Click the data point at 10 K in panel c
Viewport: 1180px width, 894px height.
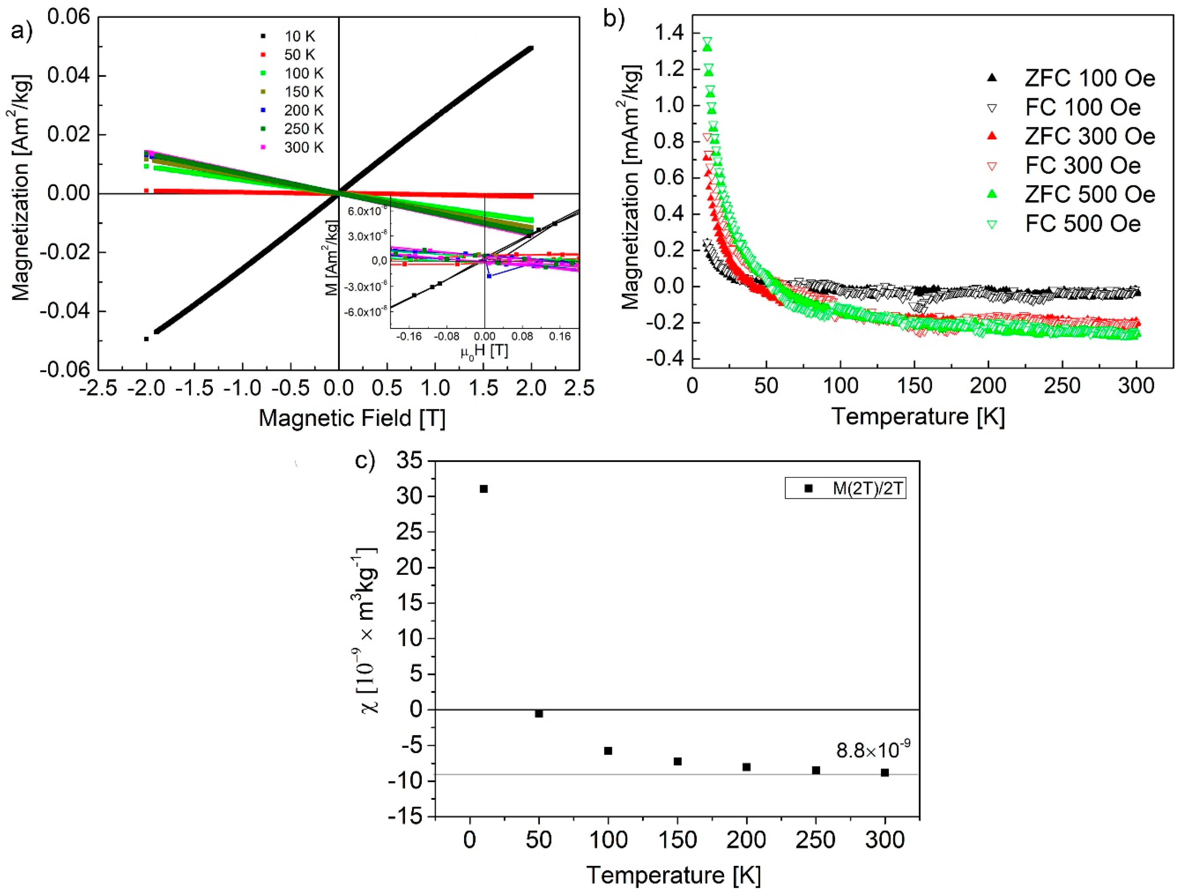(484, 489)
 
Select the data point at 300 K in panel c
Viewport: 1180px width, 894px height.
(885, 772)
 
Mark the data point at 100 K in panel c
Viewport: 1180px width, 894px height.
(608, 751)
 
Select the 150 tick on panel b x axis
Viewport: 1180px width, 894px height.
(914, 385)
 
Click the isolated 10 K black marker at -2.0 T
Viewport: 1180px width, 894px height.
(146, 339)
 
